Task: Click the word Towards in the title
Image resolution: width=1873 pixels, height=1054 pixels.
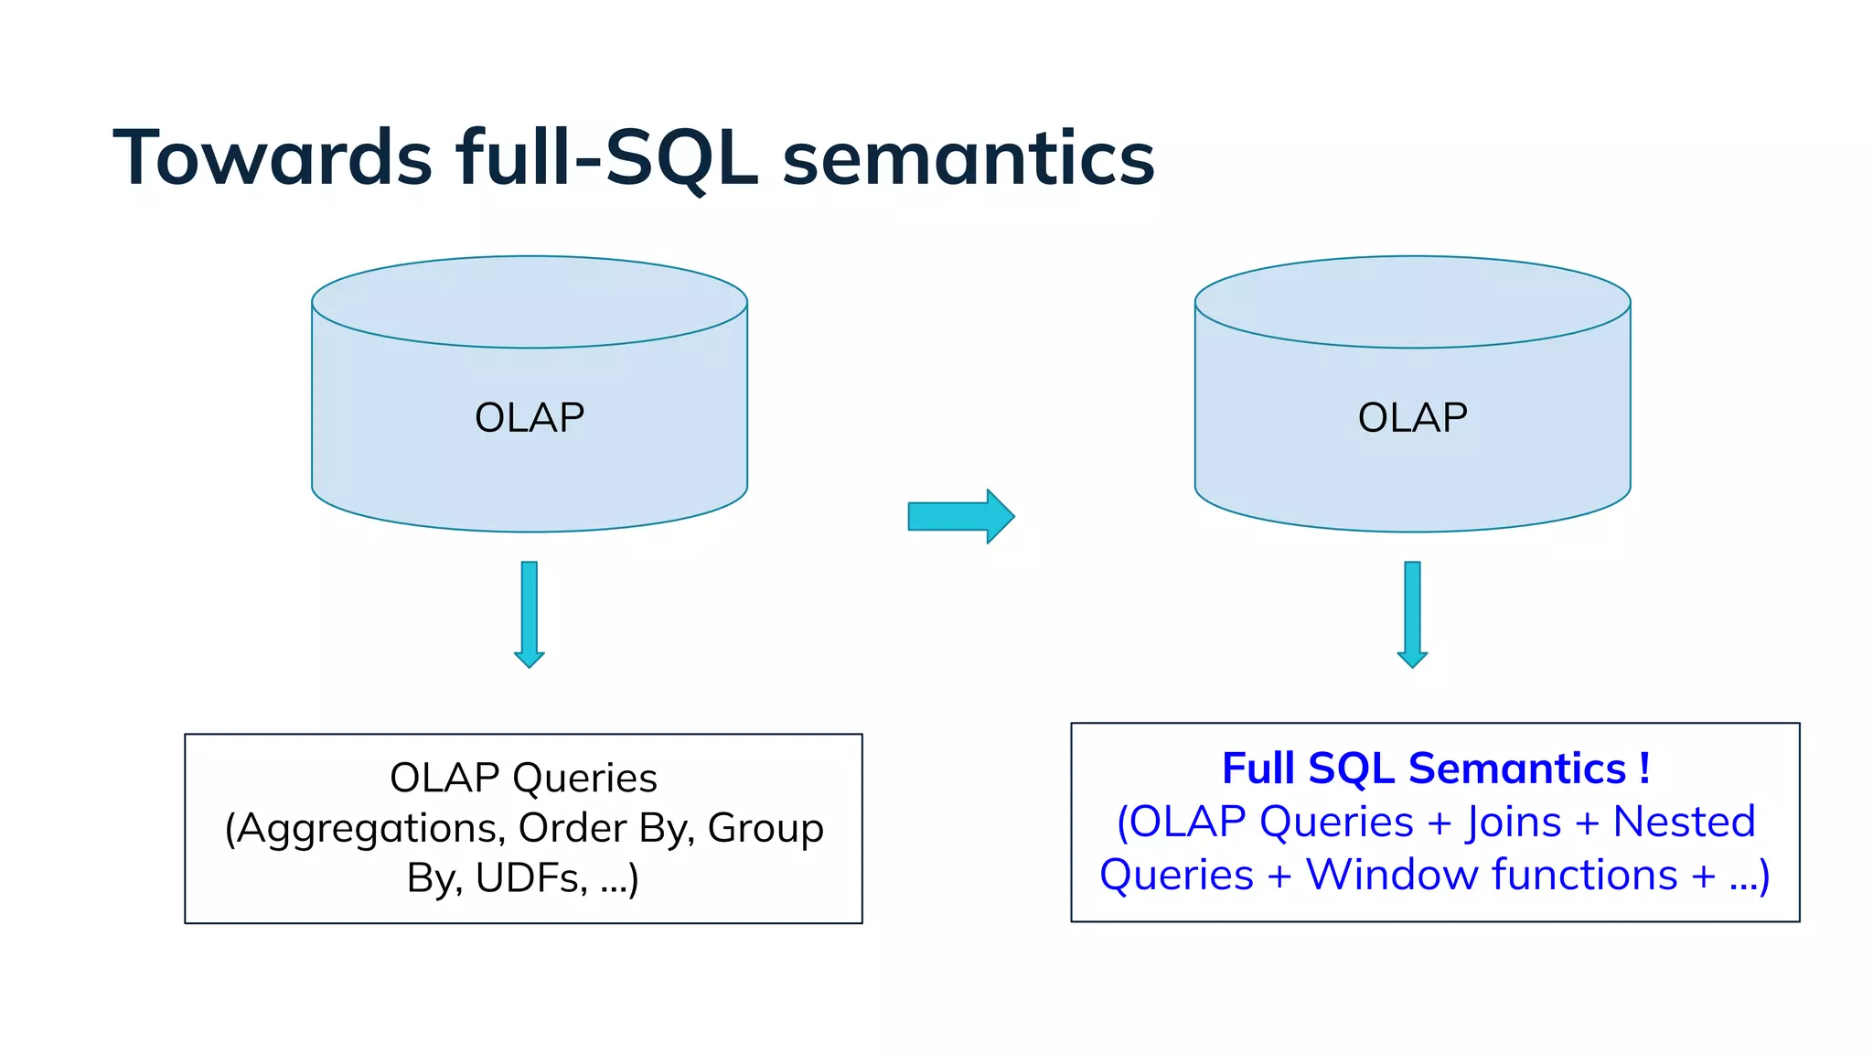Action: pyautogui.click(x=272, y=158)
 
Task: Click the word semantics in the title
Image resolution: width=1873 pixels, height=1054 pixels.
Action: pyautogui.click(x=969, y=158)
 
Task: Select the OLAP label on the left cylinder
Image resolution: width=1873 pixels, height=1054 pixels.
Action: pyautogui.click(x=530, y=418)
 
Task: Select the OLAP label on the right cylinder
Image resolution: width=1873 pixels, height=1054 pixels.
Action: pyautogui.click(x=1412, y=418)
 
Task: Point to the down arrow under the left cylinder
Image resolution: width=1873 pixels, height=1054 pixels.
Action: pyautogui.click(x=530, y=613)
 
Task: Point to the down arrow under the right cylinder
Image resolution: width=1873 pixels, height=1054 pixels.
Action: pyautogui.click(x=1412, y=613)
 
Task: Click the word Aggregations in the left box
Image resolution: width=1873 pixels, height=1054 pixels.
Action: pyautogui.click(x=370, y=829)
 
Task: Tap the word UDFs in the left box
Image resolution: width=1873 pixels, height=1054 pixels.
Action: pyautogui.click(x=530, y=878)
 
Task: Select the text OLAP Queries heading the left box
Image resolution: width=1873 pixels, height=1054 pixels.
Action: pyautogui.click(x=523, y=779)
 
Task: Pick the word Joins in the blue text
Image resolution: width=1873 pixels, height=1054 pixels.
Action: pyautogui.click(x=1514, y=822)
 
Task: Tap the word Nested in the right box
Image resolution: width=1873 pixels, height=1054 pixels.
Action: pyautogui.click(x=1684, y=822)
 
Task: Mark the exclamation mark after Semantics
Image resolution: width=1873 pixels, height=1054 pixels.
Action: pyautogui.click(x=1644, y=769)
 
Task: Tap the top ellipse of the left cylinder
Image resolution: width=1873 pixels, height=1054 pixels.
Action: pyautogui.click(x=530, y=302)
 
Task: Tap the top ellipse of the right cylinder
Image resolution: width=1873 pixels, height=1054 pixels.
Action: pyautogui.click(x=1412, y=302)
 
